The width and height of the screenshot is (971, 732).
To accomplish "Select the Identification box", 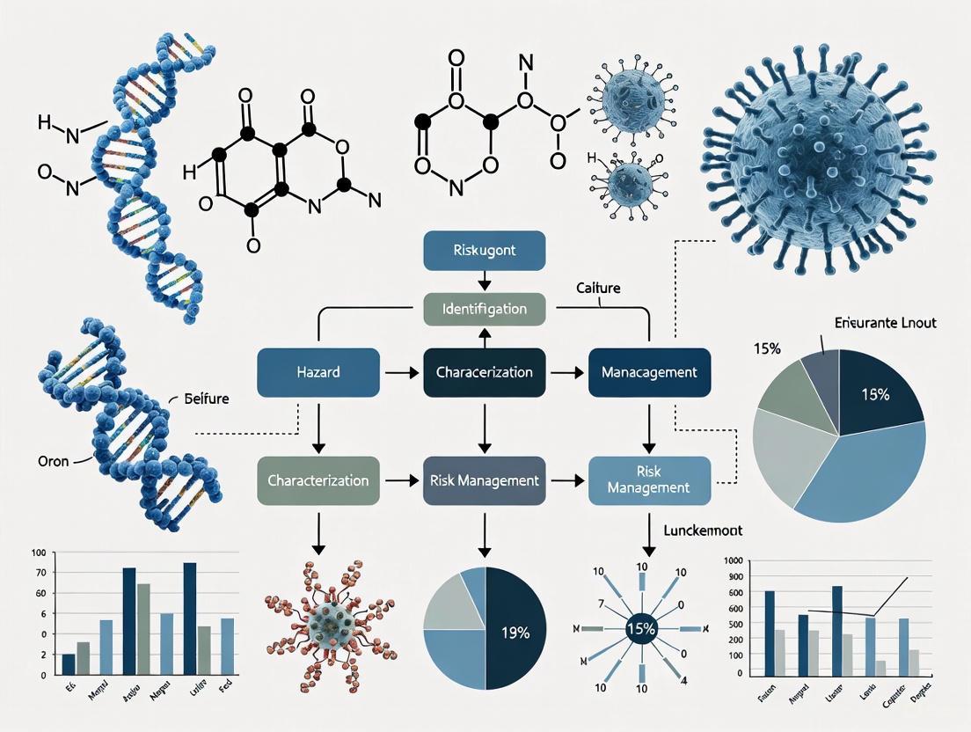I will [485, 309].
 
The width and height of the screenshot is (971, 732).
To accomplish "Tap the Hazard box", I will [318, 372].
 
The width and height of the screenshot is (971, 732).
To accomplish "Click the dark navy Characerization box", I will [485, 372].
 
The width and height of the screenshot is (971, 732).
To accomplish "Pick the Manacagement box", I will [649, 372].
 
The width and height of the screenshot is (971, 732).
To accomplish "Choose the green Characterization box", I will [318, 481].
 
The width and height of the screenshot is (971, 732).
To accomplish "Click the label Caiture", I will [599, 288].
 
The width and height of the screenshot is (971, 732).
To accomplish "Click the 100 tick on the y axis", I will [38, 553].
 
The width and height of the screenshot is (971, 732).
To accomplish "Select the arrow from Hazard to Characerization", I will [401, 373].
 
